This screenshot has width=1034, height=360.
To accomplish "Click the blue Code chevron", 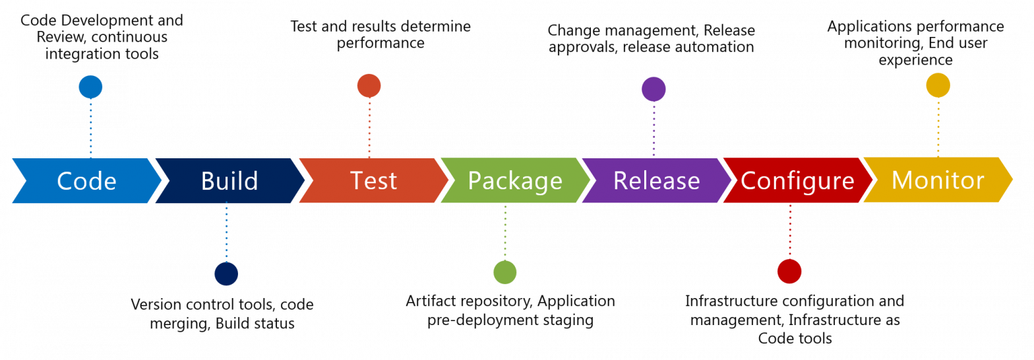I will click(x=86, y=181).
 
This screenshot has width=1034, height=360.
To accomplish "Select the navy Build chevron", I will click(x=229, y=181).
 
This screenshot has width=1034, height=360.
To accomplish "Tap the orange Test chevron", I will click(x=373, y=181).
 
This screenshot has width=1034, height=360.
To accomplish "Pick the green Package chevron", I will click(x=515, y=181).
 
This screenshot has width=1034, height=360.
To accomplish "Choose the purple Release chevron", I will click(x=656, y=181).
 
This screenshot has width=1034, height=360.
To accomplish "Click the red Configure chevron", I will click(x=797, y=181).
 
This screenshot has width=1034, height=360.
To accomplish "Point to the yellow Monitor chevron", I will click(x=938, y=180).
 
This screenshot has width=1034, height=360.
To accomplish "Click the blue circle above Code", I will click(x=90, y=87).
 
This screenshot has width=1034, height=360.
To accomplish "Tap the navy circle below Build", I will click(x=226, y=274).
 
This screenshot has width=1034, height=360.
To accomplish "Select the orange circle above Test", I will click(x=369, y=86).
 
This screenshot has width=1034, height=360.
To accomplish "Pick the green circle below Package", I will click(x=505, y=272).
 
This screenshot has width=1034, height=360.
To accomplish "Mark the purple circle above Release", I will click(x=654, y=89).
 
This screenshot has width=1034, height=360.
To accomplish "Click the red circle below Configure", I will click(x=789, y=271).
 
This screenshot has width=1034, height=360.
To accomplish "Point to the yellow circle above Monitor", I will click(x=938, y=85).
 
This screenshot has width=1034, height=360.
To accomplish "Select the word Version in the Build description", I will click(x=156, y=305).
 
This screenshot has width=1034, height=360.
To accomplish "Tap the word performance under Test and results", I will click(x=380, y=44).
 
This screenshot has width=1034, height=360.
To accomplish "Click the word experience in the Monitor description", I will click(x=915, y=60).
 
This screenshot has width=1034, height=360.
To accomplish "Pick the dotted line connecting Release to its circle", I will click(x=654, y=129).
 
